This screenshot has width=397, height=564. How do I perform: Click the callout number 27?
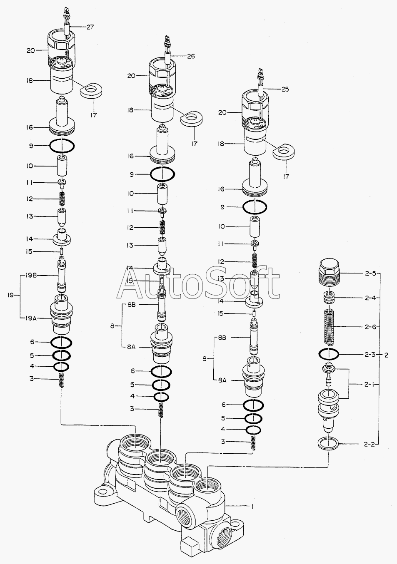pos(90,27)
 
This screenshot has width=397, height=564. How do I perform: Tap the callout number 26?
pos(190,56)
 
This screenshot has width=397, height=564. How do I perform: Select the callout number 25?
pos(285,89)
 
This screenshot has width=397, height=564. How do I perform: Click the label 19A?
pos(30,318)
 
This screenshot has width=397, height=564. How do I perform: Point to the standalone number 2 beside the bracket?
pos(386,355)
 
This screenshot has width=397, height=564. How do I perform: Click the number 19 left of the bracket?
pos(11,295)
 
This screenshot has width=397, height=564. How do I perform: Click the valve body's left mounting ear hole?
pos(103,492)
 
